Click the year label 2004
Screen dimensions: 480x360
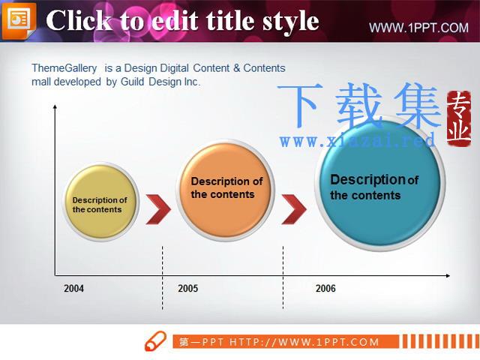point(73,288)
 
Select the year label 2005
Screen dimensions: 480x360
point(188,288)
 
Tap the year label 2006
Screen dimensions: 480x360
point(325,288)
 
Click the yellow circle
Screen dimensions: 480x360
point(101,202)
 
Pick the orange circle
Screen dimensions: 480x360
point(226,190)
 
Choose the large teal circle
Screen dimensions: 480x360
point(380,183)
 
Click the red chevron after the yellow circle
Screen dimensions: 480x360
point(158,209)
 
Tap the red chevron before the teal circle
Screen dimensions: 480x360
point(294,209)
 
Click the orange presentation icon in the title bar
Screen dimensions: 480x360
point(19,20)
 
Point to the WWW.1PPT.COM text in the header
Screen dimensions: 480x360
point(418,28)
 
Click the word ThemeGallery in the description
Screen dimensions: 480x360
point(64,68)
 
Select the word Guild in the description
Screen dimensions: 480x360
point(132,82)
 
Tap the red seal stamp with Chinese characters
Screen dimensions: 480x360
point(458,118)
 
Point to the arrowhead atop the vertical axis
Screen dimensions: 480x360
point(55,106)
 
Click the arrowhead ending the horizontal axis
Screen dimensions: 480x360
point(448,276)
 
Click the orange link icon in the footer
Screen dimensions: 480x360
point(156,340)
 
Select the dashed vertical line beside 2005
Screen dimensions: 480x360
point(163,277)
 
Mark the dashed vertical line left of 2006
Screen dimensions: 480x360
point(283,277)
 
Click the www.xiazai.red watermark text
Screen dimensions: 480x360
point(358,141)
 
